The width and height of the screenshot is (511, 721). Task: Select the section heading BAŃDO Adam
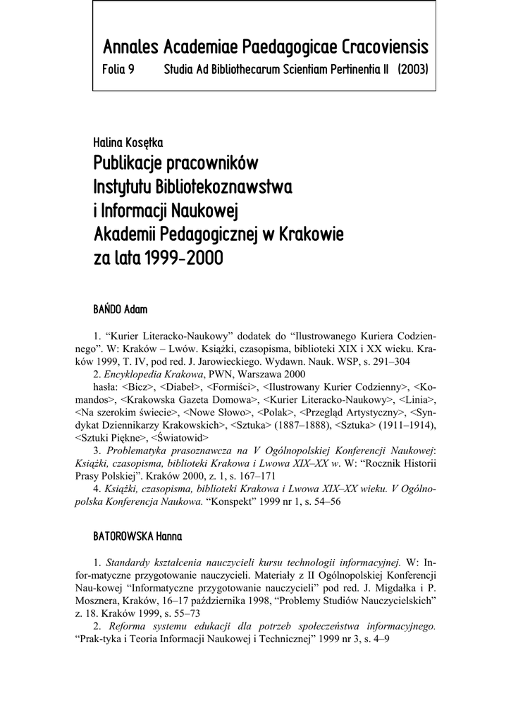coord(120,309)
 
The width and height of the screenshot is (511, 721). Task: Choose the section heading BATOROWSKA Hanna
coord(137,537)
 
